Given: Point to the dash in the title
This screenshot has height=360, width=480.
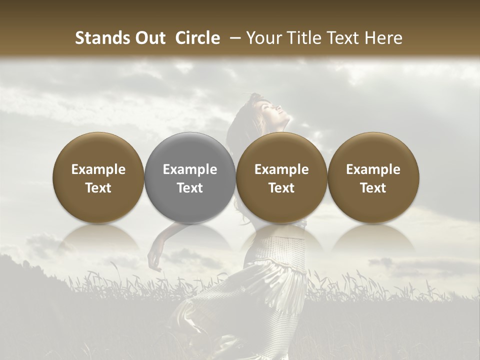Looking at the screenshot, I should click(233, 38).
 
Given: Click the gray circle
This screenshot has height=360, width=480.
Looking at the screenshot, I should click(190, 177).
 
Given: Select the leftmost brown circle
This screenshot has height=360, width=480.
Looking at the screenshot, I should click(98, 177).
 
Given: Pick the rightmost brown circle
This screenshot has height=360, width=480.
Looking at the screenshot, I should click(373, 177).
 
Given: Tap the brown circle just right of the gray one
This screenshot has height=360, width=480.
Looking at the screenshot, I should click(281, 177).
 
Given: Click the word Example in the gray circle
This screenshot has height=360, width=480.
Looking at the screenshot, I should click(190, 169).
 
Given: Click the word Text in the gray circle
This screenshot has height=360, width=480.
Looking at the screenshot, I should click(190, 188).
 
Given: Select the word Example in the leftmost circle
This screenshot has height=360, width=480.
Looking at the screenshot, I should click(98, 169).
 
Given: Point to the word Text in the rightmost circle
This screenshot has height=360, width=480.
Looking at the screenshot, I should click(373, 188).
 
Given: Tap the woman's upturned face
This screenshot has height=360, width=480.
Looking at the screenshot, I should click(272, 107).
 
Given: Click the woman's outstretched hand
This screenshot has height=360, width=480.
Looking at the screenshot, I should click(154, 258).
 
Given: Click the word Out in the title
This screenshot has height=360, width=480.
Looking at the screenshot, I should click(149, 38).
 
